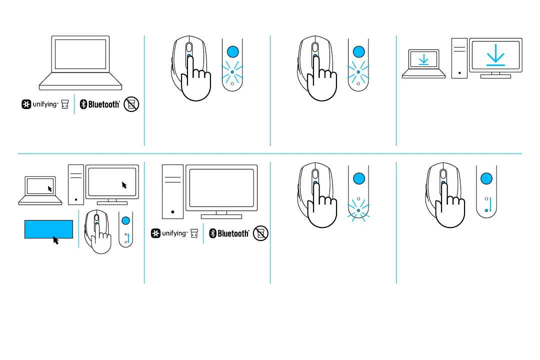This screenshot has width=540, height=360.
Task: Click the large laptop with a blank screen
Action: [80, 62]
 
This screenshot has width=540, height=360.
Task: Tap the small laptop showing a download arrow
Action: [424, 64]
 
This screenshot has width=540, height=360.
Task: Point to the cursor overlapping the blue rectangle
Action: [56, 240]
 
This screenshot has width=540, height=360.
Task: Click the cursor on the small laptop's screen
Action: [49, 188]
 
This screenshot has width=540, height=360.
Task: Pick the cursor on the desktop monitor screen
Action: [124, 185]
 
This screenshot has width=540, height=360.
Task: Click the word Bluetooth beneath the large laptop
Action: [104, 104]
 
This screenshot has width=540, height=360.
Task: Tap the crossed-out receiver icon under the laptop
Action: [132, 104]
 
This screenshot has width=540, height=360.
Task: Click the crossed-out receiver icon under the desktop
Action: [260, 233]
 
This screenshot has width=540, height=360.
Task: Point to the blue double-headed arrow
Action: [128, 237]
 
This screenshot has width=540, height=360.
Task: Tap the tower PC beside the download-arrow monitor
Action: [459, 58]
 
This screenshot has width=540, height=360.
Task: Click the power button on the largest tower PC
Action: [173, 212]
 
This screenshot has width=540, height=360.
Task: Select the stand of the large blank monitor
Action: [221, 214]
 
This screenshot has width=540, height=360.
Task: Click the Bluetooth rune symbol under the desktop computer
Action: [212, 233]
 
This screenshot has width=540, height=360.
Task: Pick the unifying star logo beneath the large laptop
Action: [26, 104]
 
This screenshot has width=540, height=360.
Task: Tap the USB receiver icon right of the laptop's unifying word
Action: [64, 104]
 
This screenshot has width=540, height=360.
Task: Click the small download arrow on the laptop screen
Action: [424, 60]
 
